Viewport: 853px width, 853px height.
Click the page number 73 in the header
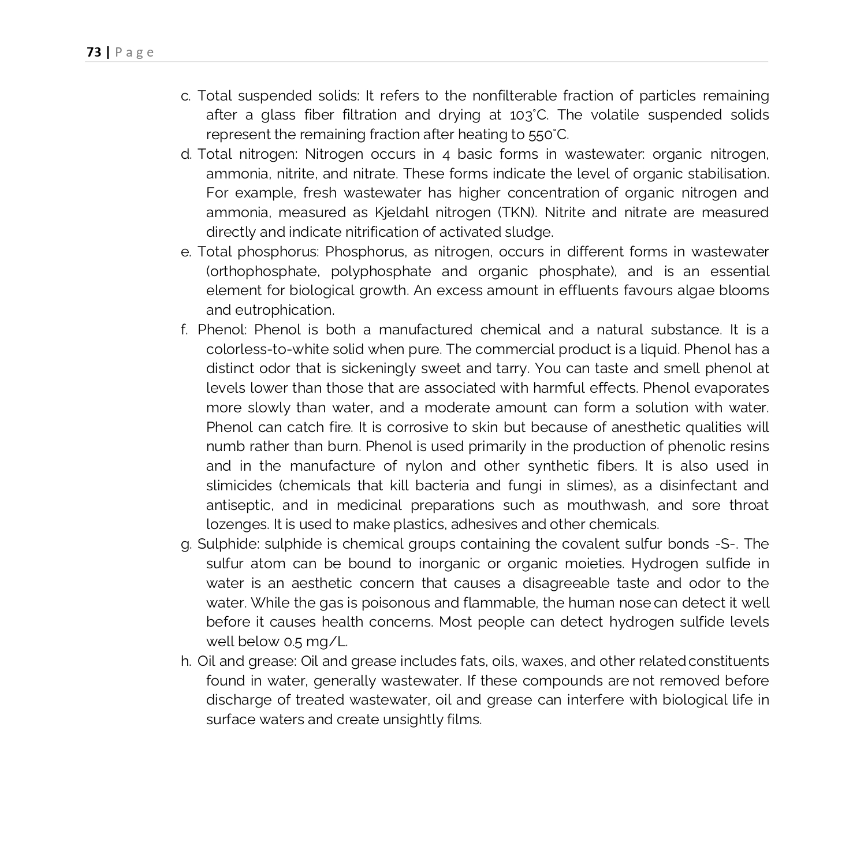click(94, 53)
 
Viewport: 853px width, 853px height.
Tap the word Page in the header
click(135, 53)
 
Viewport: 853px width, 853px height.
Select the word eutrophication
click(284, 310)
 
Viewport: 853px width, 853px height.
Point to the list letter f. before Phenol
click(184, 330)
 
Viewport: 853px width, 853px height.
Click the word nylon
click(423, 466)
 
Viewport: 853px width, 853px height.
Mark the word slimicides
click(239, 486)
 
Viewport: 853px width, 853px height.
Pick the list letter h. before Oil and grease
click(185, 661)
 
